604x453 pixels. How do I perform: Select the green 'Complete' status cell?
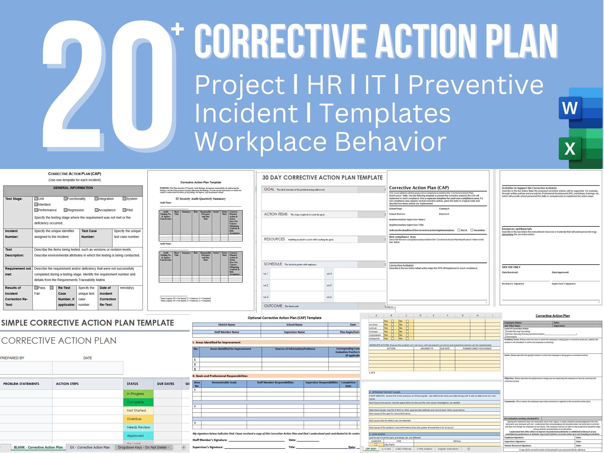coord(138,402)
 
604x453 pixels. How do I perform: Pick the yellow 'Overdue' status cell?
coord(138,419)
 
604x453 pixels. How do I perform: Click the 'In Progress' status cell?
coord(138,393)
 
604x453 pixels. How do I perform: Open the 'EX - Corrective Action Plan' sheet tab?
coord(90,447)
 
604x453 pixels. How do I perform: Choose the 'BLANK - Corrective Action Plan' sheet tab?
coord(38,447)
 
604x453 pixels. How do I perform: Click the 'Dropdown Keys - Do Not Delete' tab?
coord(143,447)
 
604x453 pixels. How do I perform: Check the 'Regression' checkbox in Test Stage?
coord(66,210)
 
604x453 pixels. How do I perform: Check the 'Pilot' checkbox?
coord(124,210)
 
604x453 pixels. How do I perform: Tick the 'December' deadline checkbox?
coord(472,230)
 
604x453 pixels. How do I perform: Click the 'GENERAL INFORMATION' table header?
coord(73,188)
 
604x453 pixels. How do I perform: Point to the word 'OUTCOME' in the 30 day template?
coord(273,306)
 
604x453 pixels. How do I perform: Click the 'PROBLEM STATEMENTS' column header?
coord(21,384)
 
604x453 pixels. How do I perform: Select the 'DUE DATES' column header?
coord(166,384)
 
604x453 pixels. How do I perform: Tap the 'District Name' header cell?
coord(227,325)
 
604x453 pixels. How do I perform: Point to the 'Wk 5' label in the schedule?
coord(329,285)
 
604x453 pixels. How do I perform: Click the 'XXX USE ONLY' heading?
coord(511,267)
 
